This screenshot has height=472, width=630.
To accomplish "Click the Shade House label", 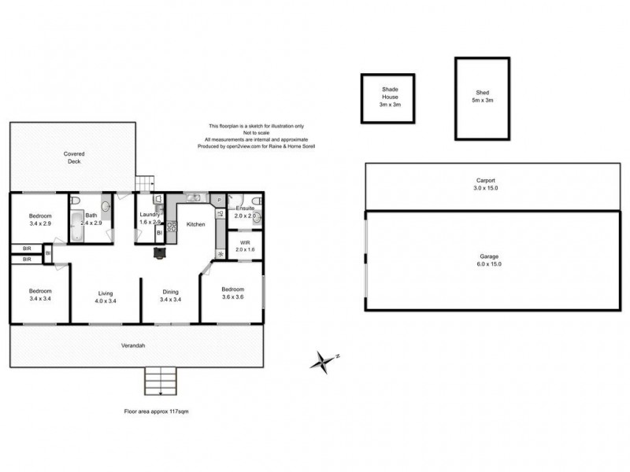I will [387, 97].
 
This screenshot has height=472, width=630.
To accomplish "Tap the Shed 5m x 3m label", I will [482, 95].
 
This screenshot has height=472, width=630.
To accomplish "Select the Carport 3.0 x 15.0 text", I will [485, 184].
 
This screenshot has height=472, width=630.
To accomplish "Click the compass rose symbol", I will [323, 361].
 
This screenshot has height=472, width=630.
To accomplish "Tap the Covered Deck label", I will [74, 157].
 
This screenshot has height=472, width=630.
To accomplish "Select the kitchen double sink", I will [195, 197].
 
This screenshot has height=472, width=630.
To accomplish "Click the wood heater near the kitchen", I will [161, 253].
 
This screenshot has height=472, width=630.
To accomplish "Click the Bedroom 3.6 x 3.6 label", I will [232, 293].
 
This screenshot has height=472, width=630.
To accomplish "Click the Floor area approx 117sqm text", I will [156, 411].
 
